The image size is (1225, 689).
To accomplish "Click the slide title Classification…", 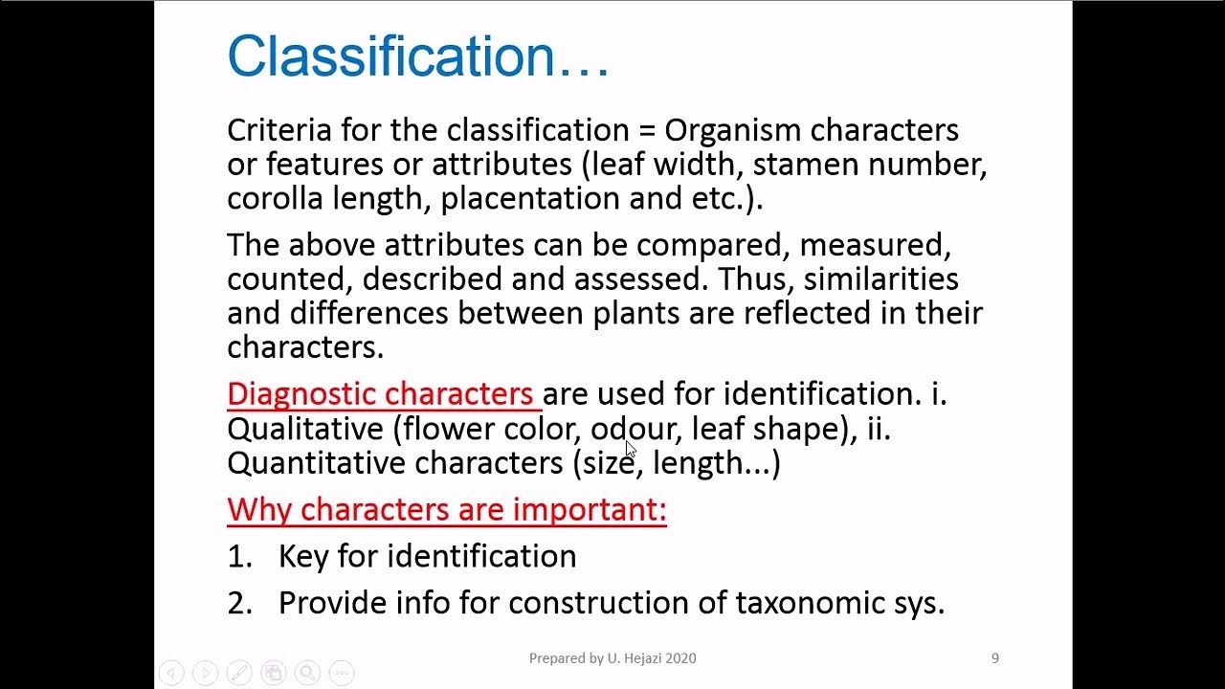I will click(x=417, y=56).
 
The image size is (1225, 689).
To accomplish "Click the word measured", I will click(x=875, y=245).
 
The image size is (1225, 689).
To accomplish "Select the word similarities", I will click(x=880, y=279).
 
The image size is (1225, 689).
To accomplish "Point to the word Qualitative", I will click(x=304, y=429).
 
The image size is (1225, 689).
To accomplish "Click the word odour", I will click(x=635, y=429).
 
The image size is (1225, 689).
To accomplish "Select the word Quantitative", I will click(x=317, y=463).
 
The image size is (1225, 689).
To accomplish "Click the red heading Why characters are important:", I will click(x=447, y=509).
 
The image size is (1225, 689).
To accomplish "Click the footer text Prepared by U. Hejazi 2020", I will click(x=612, y=658).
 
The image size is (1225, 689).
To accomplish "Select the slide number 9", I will click(x=995, y=658).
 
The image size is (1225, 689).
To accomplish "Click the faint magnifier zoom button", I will click(x=307, y=673).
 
